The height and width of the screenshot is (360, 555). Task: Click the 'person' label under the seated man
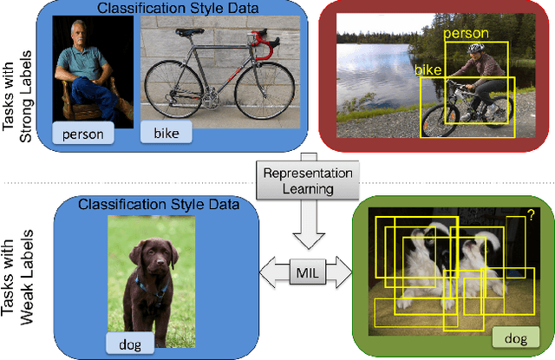[85, 134]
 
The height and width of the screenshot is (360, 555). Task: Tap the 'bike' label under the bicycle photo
[166, 134]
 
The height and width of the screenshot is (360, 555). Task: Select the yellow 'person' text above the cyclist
[466, 34]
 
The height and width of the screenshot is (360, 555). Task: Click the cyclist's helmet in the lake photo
[473, 49]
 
